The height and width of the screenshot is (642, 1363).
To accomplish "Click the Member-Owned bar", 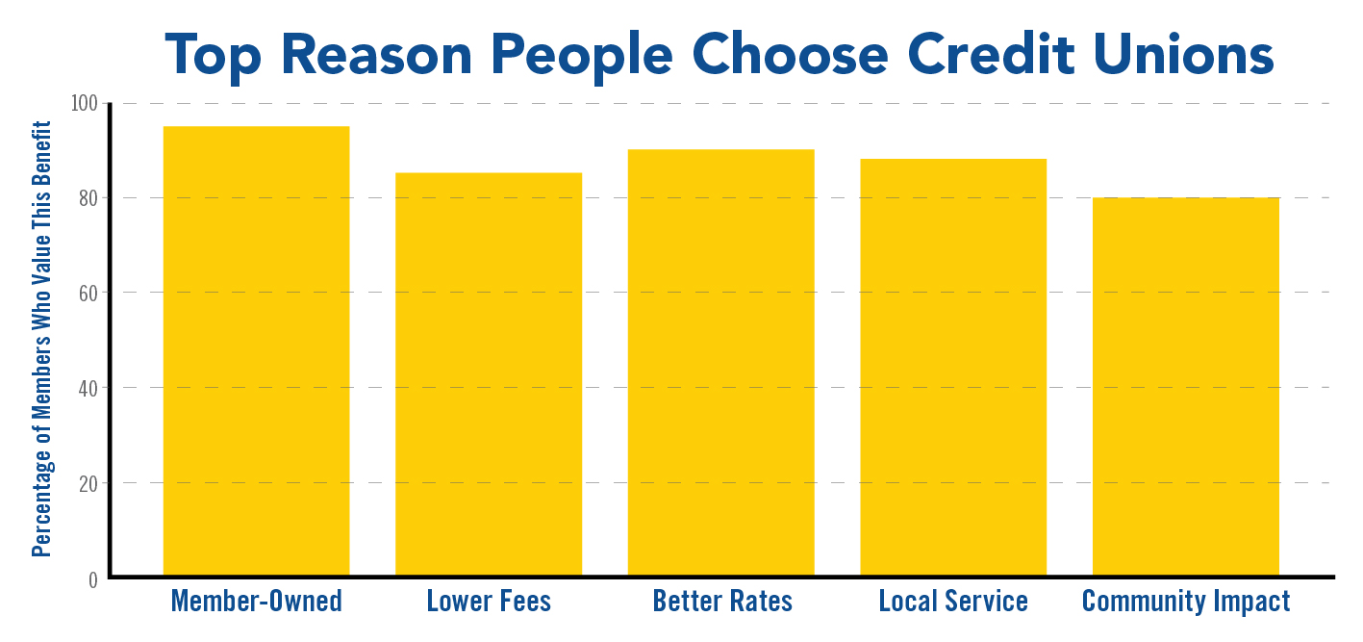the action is [x=256, y=350].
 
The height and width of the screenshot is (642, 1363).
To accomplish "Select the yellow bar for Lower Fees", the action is [x=489, y=374].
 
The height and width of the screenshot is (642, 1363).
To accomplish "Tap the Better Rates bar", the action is [x=721, y=363].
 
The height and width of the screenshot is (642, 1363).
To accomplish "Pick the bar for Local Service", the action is [x=953, y=367].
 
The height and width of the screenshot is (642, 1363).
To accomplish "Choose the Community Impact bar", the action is [x=1186, y=386].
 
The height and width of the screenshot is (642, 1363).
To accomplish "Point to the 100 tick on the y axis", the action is [x=85, y=103].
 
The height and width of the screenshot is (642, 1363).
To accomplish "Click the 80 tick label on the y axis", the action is [x=88, y=198].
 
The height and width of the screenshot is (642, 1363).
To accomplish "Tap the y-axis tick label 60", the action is [x=88, y=293].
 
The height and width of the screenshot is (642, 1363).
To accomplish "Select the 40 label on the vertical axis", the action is [x=88, y=388].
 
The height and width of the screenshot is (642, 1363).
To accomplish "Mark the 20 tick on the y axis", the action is [x=88, y=483].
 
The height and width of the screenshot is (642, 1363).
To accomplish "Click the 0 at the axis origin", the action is [x=93, y=579].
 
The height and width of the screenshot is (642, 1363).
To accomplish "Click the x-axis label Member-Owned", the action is [x=256, y=602].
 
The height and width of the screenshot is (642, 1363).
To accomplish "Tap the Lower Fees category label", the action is [x=489, y=602].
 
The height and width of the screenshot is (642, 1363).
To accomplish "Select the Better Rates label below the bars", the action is [x=722, y=602].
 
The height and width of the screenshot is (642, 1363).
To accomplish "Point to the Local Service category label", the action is [x=953, y=602].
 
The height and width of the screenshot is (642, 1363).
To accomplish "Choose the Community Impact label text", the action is [x=1186, y=603].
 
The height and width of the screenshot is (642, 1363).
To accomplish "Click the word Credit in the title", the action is [x=991, y=54].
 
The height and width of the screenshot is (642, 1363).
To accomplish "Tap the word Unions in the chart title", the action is [x=1183, y=54].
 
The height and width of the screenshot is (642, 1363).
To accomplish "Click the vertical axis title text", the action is [x=41, y=339].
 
